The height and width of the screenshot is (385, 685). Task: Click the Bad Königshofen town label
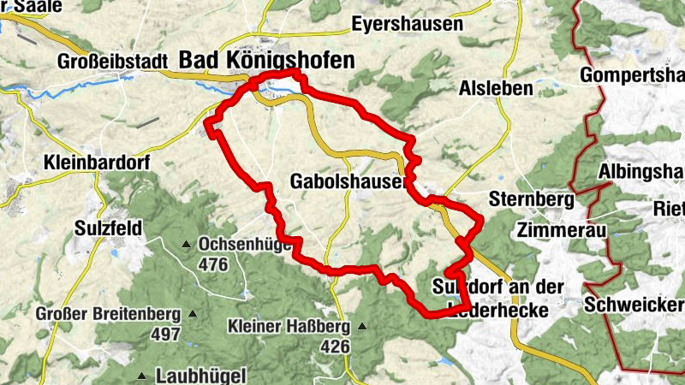[265, 60]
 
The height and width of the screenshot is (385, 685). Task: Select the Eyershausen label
[407, 24]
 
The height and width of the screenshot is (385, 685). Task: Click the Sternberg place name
[529, 201]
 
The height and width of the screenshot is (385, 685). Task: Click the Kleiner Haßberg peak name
[289, 327]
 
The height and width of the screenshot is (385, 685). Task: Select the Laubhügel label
[201, 376]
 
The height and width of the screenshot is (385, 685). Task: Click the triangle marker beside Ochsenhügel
[186, 245]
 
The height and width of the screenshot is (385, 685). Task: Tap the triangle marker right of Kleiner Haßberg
[362, 326]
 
